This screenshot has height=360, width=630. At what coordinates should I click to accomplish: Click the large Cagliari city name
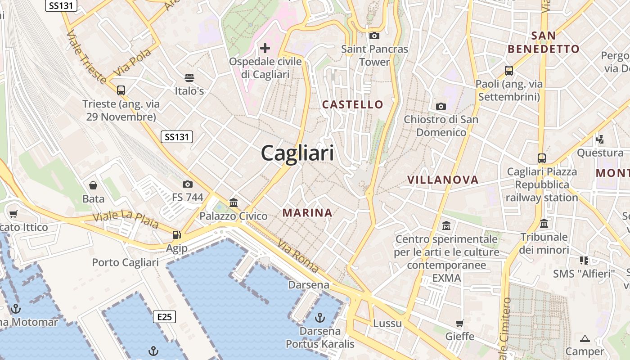pos(297,153)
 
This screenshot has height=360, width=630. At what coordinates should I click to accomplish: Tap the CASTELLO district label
pos(353,105)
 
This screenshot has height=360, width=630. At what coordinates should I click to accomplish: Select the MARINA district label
pos(307,213)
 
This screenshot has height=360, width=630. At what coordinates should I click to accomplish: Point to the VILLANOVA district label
pos(443,180)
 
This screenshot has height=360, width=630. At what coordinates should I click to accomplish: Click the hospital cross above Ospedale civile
pos(265,48)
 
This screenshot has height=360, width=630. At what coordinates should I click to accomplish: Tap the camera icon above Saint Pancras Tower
pos(374,36)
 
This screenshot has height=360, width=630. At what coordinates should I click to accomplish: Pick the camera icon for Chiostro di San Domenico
pos(441,106)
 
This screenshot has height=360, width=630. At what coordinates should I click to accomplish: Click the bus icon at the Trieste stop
pos(121,90)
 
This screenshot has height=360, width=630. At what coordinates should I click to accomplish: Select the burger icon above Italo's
pos(189,77)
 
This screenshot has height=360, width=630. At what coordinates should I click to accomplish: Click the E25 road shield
pos(164,317)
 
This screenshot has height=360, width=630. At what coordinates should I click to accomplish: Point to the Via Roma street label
pos(298,256)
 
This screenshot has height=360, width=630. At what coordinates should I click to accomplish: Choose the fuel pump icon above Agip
pos(176,235)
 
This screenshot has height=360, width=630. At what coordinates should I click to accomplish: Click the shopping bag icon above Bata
pos(93,185)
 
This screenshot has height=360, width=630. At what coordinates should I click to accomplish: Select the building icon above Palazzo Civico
pos(233,203)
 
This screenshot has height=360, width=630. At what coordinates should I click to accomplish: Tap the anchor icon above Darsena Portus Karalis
pos(319,318)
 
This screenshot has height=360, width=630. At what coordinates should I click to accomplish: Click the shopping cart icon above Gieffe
pos(459,323)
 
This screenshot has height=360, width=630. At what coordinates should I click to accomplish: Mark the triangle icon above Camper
pos(585,338)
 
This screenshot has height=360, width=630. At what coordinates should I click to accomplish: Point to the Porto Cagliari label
pos(125,262)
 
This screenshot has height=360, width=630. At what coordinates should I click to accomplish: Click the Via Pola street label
pos(133,62)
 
